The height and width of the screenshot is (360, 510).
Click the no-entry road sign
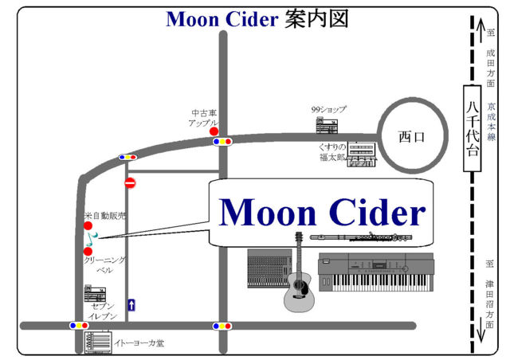click(x=130, y=183)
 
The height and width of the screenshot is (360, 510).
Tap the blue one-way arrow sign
click(x=131, y=303)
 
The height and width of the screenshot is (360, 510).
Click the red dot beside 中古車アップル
click(x=214, y=131)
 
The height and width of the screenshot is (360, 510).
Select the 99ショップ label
click(x=329, y=110)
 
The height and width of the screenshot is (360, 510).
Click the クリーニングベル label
click(x=104, y=265)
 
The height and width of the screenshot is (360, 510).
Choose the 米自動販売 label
click(x=105, y=216)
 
